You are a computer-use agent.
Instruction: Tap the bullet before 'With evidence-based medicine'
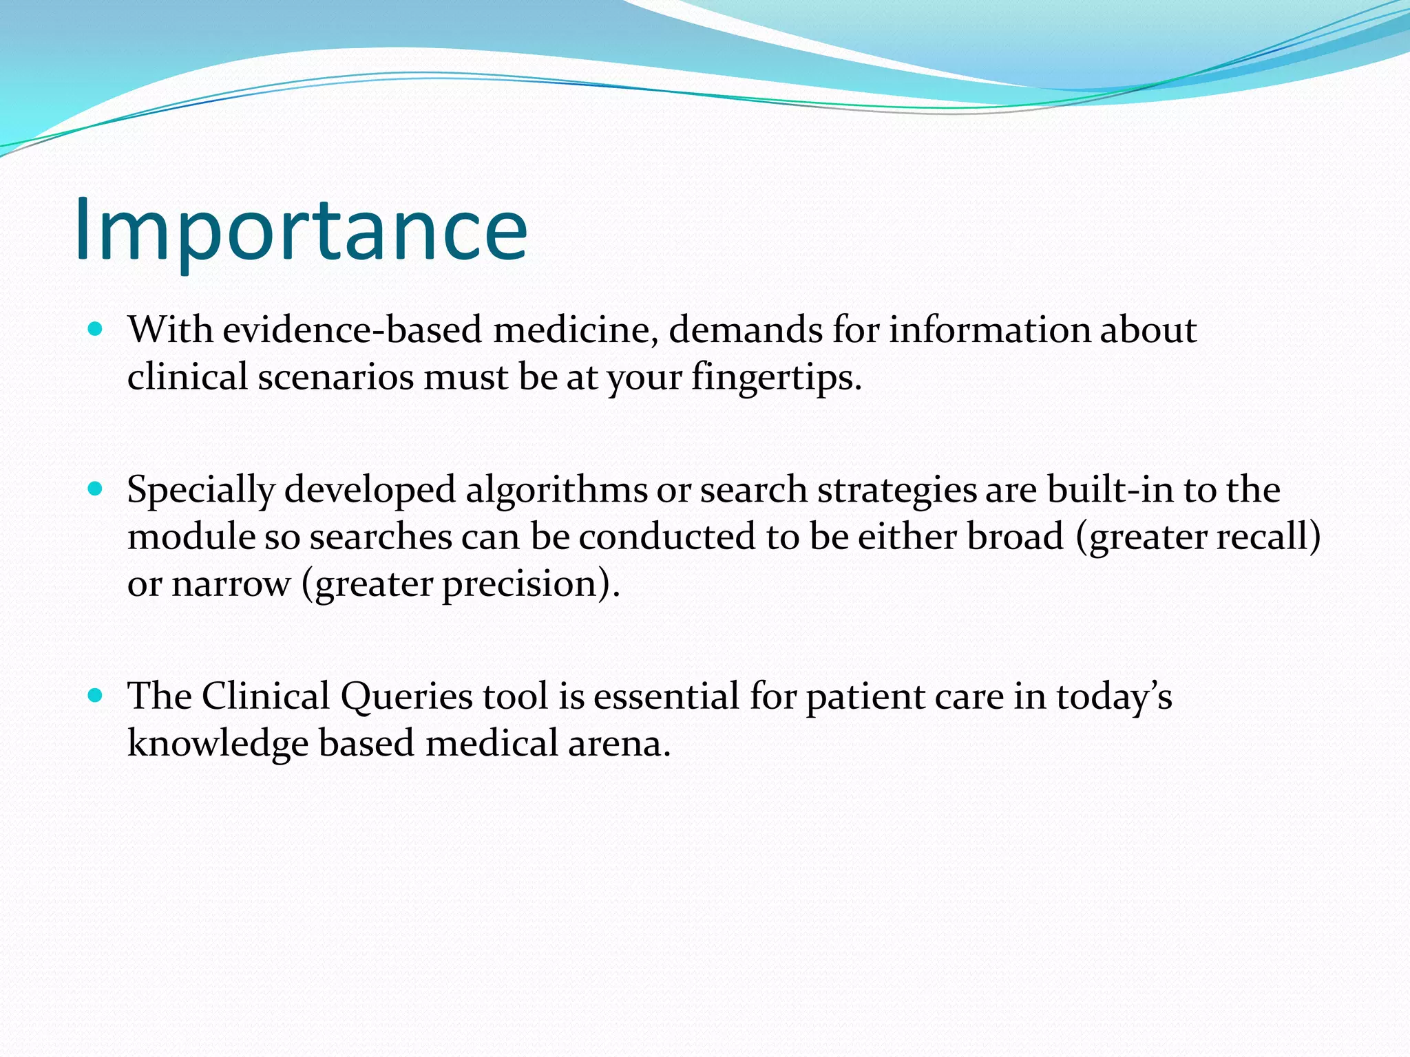tap(96, 330)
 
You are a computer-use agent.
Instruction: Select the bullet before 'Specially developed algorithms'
tap(96, 489)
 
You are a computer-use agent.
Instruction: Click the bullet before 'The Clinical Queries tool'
tap(96, 696)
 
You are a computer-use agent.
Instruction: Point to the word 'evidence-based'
tap(352, 330)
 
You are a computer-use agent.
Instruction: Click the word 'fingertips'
tap(776, 378)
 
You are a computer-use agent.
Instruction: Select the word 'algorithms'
tap(556, 490)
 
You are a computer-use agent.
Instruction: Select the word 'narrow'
tap(231, 584)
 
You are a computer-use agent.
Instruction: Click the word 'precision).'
tap(530, 584)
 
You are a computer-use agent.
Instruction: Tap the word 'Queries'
tap(406, 696)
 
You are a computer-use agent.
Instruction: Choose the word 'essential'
tap(666, 696)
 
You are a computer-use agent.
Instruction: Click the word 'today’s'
tap(1113, 696)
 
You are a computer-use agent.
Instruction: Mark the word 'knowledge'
tap(218, 744)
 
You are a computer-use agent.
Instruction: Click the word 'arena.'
tap(619, 744)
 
